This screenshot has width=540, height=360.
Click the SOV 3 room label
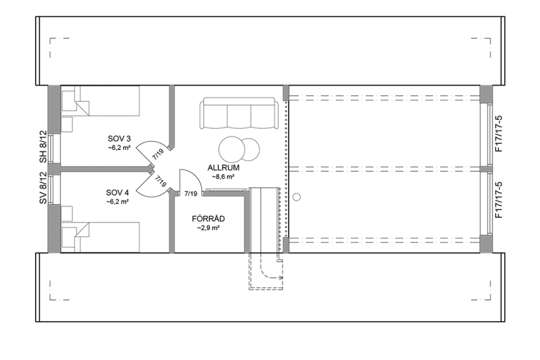click(x=118, y=138)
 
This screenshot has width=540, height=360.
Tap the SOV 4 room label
click(x=117, y=192)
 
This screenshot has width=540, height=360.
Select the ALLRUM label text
click(x=223, y=168)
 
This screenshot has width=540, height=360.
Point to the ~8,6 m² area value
click(x=223, y=177)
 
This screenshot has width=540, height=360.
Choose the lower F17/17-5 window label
click(x=498, y=199)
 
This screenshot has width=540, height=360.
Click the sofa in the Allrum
click(x=238, y=114)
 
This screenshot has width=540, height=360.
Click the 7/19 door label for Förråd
click(x=191, y=194)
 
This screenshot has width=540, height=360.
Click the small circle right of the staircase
click(x=297, y=197)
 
